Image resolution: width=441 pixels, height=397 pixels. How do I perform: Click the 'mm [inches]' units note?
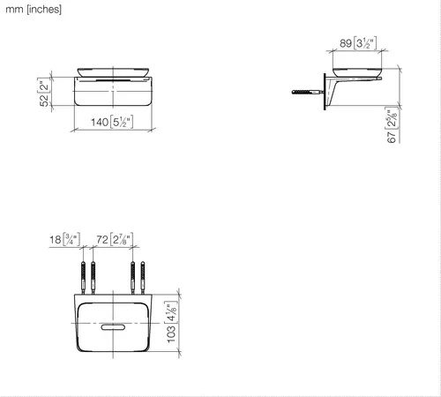[x=34, y=10]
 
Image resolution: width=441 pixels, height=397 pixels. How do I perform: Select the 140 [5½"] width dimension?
[x=112, y=122]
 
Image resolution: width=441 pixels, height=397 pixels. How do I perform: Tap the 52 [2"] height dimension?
[x=44, y=92]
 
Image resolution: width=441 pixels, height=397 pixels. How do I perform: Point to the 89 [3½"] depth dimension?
[x=358, y=43]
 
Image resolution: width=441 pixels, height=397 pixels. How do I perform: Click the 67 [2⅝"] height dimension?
[x=392, y=125]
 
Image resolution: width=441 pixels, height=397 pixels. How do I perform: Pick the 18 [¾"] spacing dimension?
[x=64, y=239]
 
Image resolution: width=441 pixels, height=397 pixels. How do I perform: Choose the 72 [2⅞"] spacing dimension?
[x=115, y=239]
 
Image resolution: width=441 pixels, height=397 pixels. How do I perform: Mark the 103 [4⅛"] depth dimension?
[x=171, y=322]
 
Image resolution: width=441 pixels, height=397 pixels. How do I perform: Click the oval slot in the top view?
[x=113, y=327]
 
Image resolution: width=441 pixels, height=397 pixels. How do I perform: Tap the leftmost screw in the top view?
[x=83, y=277]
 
